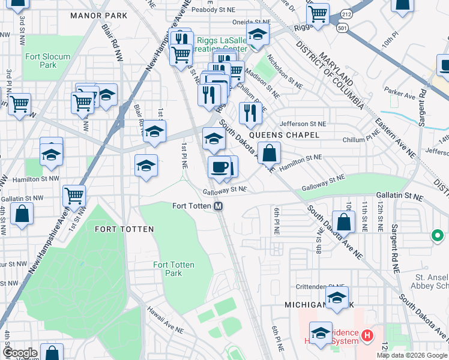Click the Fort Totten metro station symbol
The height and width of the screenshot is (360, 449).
click(x=219, y=206)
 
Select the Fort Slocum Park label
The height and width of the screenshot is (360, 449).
click(x=47, y=61)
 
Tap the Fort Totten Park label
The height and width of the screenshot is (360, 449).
click(x=167, y=269)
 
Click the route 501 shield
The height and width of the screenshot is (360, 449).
click(x=343, y=28)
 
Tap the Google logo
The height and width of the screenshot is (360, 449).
click(x=20, y=353)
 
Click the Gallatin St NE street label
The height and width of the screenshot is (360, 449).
click(x=400, y=196)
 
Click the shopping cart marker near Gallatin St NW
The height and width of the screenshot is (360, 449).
click(x=74, y=195)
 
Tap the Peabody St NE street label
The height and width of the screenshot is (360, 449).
click(x=212, y=10)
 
